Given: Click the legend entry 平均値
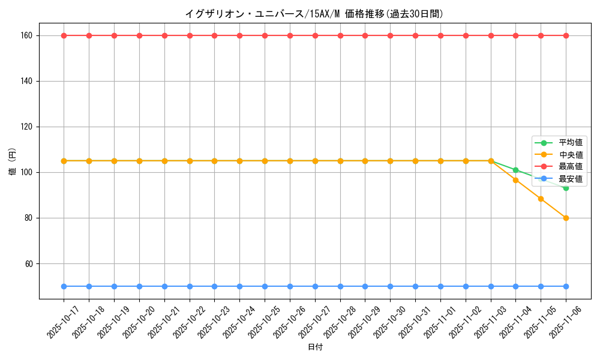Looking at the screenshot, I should point(571,143).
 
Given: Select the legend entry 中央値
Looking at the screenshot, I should point(571,155).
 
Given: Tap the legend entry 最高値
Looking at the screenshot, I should point(571,167).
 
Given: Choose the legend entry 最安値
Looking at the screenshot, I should point(571,179).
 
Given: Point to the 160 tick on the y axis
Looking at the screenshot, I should point(26,35).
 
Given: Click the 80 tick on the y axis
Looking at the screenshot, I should point(28,218).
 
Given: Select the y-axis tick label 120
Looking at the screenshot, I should point(26,127).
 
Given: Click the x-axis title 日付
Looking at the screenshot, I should point(314,347).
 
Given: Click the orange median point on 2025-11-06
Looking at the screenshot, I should point(566,218).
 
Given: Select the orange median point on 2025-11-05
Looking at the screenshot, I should point(541,199).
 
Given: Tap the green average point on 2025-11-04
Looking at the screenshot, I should point(515,170).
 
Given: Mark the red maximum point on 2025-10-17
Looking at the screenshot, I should point(64,35).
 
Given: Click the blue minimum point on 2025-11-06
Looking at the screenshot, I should point(566,286).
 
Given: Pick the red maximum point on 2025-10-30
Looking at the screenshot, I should point(390,35).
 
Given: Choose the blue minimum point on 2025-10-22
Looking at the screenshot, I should point(190,286).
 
